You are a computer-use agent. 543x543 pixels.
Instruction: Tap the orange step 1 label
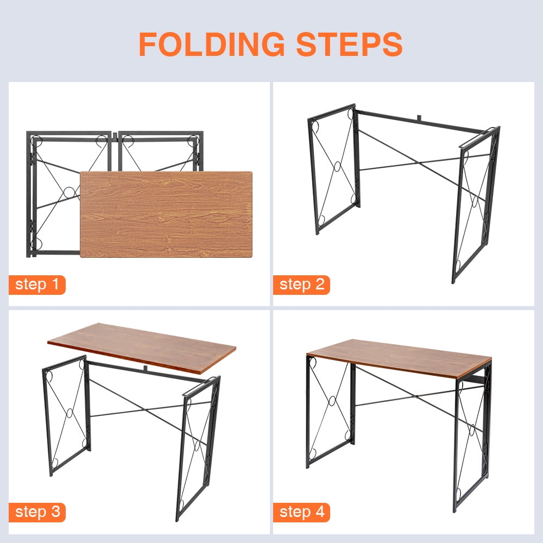tap(37, 285)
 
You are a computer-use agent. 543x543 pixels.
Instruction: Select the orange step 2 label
tap(301, 285)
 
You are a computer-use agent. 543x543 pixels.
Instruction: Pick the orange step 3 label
tap(37, 512)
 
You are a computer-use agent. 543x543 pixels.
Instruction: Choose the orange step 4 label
tap(301, 512)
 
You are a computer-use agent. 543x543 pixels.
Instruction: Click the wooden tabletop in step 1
tap(166, 214)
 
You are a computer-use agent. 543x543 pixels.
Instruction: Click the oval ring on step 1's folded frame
tap(69, 192)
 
